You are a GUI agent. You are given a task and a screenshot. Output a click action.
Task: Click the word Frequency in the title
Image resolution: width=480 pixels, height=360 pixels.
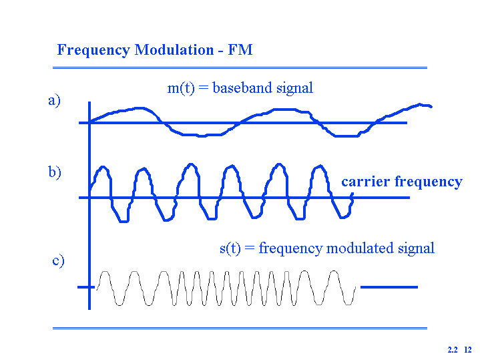pyautogui.click(x=93, y=50)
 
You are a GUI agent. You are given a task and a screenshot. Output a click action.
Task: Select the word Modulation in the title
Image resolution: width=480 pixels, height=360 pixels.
pyautogui.click(x=174, y=49)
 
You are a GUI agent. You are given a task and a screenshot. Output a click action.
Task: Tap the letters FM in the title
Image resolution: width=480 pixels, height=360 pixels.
pyautogui.click(x=240, y=49)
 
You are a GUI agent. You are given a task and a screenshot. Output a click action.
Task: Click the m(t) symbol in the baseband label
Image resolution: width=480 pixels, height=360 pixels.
pyautogui.click(x=181, y=88)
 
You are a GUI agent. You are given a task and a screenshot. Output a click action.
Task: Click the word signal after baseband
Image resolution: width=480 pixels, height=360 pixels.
pyautogui.click(x=294, y=88)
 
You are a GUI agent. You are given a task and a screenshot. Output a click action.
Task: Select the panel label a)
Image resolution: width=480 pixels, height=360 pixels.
pyautogui.click(x=54, y=101)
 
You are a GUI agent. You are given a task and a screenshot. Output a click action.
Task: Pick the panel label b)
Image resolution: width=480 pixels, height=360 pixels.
pyautogui.click(x=55, y=172)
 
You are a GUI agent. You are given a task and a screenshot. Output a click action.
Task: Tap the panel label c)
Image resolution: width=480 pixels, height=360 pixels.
pyautogui.click(x=58, y=260)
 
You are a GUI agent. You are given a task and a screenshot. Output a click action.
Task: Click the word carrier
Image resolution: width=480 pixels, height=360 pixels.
pyautogui.click(x=365, y=182)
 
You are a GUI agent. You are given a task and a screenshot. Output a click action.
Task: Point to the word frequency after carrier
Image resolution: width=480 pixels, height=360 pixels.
pyautogui.click(x=429, y=182)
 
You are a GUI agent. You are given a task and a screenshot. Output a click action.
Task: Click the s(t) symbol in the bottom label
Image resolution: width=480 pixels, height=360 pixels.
pyautogui.click(x=230, y=248)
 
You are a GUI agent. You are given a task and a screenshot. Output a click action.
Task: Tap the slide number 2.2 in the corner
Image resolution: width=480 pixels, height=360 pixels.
pyautogui.click(x=453, y=350)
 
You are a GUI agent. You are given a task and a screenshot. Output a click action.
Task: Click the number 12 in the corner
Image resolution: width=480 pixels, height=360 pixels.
pyautogui.click(x=468, y=350)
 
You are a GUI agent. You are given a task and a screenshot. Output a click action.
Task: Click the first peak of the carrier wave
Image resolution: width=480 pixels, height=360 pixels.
pyautogui.click(x=103, y=167)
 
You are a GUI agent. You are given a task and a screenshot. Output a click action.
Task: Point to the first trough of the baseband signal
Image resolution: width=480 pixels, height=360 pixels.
pyautogui.click(x=200, y=136)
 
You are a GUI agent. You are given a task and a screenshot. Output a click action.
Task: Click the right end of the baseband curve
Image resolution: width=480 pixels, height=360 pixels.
pyautogui.click(x=431, y=106)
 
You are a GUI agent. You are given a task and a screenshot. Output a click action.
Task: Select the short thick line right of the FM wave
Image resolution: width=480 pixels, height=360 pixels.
pyautogui.click(x=389, y=287)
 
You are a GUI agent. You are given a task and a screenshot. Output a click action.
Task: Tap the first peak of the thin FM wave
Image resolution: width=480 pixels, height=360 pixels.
pyautogui.click(x=105, y=272)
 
